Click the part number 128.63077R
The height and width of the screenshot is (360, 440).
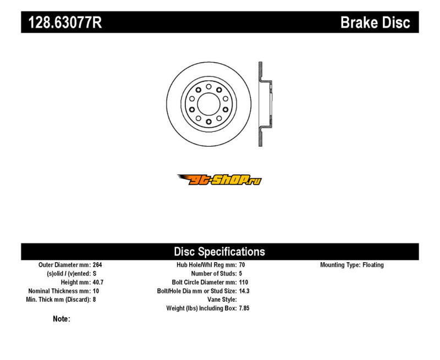click(x=65, y=23)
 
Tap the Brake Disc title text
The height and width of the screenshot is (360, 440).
click(x=375, y=23)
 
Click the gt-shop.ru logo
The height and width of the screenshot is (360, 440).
click(x=219, y=180)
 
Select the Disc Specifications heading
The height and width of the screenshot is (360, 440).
click(x=219, y=252)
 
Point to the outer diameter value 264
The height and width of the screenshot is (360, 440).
click(x=97, y=265)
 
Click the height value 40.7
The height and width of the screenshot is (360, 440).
click(x=98, y=283)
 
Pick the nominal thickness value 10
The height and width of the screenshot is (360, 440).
click(x=96, y=291)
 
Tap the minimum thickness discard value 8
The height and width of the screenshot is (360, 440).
click(x=94, y=300)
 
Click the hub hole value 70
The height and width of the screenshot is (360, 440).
click(x=242, y=265)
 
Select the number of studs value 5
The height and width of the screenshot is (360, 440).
click(x=240, y=273)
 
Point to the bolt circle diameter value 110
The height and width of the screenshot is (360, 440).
click(x=244, y=283)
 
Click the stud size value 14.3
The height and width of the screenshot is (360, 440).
click(x=244, y=291)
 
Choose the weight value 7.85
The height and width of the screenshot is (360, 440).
click(x=244, y=308)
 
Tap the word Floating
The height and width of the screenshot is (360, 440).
click(x=373, y=265)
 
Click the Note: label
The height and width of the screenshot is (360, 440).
click(x=62, y=319)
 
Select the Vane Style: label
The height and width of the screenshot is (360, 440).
click(x=222, y=300)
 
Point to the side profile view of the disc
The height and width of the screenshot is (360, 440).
click(x=265, y=104)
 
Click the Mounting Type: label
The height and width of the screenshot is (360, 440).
click(x=340, y=265)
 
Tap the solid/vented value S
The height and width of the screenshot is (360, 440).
click(x=95, y=273)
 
